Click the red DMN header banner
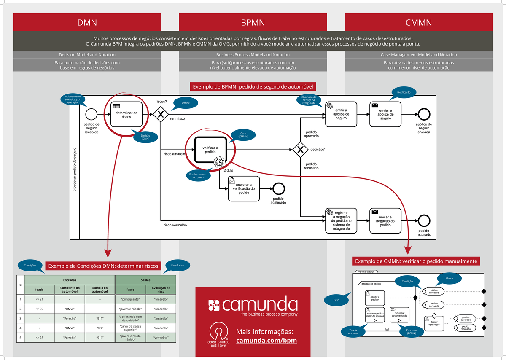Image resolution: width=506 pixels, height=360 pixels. (87, 22)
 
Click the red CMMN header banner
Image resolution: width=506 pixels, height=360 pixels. (419, 22)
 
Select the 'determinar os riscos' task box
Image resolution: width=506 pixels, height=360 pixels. (126, 114)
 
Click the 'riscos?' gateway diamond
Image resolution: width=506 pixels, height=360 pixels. (160, 114)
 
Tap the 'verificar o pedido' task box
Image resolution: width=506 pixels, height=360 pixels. (210, 150)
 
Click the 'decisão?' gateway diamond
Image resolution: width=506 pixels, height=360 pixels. (300, 149)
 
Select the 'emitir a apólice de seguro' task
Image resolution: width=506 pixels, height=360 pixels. (341, 114)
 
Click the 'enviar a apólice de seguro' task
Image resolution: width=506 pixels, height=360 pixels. (385, 114)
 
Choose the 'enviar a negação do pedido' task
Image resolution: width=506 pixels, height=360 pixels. (385, 220)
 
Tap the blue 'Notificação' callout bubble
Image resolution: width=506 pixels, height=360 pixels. (404, 92)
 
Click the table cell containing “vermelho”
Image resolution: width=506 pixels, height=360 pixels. (161, 338)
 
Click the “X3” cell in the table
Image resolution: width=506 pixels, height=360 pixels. (100, 328)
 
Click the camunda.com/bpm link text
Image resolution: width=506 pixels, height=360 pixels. (266, 341)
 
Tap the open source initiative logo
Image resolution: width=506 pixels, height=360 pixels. (218, 335)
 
